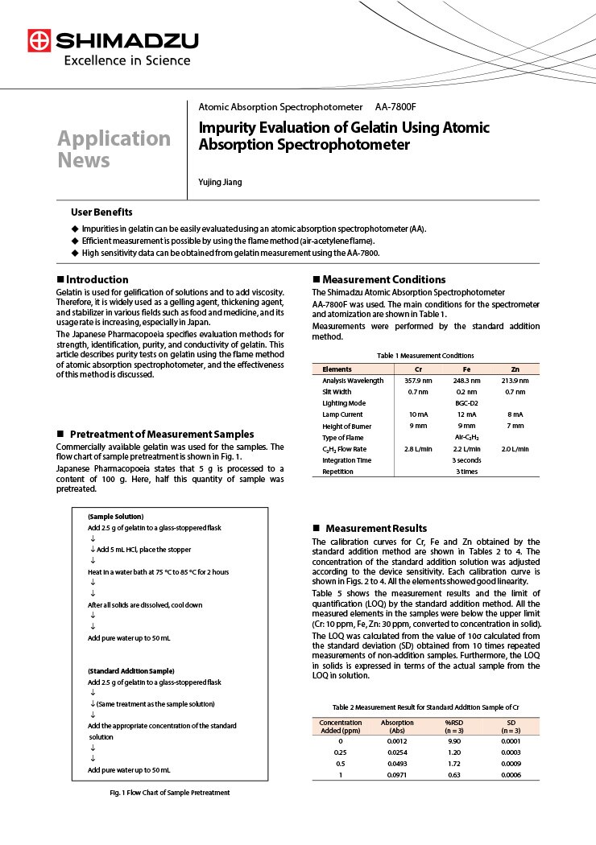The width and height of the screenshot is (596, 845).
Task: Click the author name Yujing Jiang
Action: [x=220, y=182]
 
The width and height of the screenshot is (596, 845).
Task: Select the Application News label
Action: [x=114, y=149]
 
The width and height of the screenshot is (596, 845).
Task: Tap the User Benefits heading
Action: [x=101, y=212]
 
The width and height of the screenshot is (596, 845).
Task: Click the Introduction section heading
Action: [x=97, y=279]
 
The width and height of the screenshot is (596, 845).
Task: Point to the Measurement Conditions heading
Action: [x=384, y=279]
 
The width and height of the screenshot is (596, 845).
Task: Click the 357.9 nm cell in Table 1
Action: [x=418, y=380]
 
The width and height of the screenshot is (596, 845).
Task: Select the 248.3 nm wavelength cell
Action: [x=466, y=380]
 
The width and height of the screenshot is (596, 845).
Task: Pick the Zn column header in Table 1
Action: [x=515, y=369]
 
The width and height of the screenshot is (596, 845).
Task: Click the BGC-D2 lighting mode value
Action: [x=466, y=402]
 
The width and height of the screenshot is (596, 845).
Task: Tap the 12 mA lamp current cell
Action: [x=466, y=414]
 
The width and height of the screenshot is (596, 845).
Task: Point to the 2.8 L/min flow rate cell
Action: [x=418, y=448]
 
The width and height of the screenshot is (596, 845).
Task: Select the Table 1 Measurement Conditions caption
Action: [x=425, y=355]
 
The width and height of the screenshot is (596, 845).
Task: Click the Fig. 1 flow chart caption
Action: [x=170, y=793]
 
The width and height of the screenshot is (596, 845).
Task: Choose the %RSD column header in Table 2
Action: [x=454, y=722]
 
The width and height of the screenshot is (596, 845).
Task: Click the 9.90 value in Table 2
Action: [x=454, y=740]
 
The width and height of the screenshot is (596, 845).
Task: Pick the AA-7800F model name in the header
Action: [x=395, y=107]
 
